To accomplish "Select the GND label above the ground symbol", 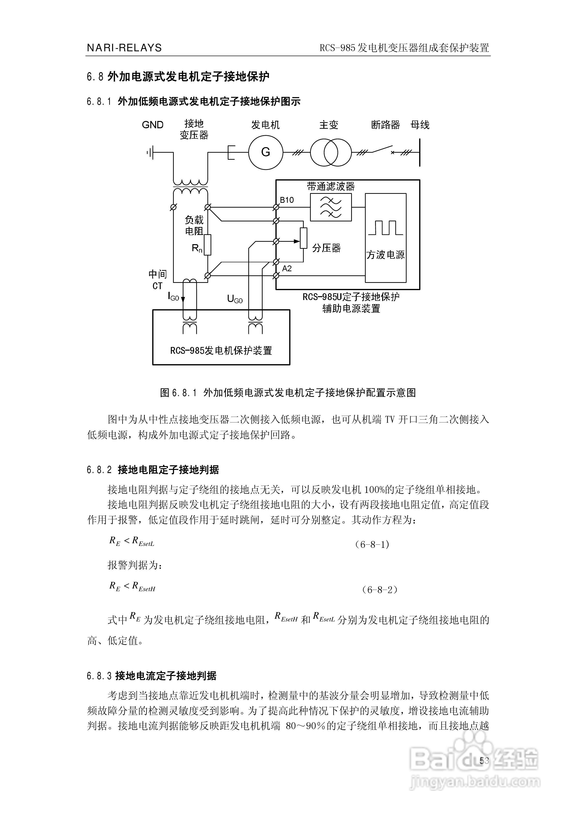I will [152, 125].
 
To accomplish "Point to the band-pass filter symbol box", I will [331, 207].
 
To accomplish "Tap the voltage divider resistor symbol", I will [303, 238].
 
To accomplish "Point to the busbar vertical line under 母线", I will [420, 152].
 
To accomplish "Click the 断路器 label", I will [385, 125].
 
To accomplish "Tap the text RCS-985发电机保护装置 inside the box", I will [221, 351].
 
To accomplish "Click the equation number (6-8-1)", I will [372, 544].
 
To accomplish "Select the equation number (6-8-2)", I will [379, 590].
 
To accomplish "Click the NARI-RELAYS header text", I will [124, 48].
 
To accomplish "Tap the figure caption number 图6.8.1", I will [178, 392].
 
